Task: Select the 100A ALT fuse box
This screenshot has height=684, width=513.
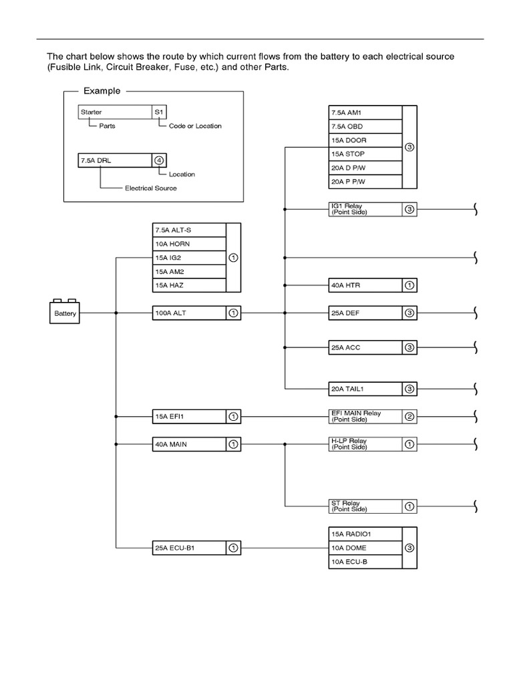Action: (196, 313)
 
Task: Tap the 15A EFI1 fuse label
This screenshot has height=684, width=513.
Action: (170, 417)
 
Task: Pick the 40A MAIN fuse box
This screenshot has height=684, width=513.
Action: (196, 444)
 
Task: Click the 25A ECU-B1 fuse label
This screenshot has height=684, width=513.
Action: (175, 548)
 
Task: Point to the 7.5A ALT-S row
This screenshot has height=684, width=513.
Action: (189, 230)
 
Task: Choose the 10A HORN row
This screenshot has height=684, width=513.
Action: (189, 244)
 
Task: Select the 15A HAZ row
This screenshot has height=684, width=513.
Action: (189, 285)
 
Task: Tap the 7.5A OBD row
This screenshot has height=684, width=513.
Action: (365, 126)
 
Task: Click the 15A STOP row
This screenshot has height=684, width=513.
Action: (365, 154)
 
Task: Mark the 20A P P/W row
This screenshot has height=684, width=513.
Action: (365, 182)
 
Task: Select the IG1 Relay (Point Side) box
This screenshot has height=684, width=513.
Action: (373, 209)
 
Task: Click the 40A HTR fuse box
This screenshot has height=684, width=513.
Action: (373, 285)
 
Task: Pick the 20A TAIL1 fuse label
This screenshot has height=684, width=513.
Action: (347, 389)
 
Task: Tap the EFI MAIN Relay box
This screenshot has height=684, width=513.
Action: (373, 417)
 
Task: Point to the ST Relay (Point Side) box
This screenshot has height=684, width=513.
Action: (373, 506)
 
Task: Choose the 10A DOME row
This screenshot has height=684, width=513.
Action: (365, 548)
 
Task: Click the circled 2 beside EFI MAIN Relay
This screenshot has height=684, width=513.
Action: (409, 417)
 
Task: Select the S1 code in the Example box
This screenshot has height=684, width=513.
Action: (159, 112)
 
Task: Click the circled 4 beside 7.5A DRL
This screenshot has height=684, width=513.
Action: (159, 160)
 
